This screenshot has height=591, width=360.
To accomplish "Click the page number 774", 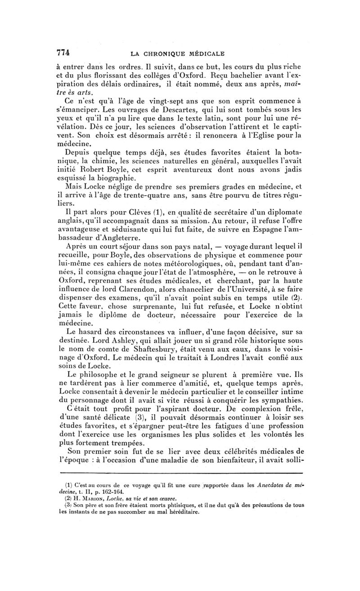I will pyautogui.click(x=63, y=51).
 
